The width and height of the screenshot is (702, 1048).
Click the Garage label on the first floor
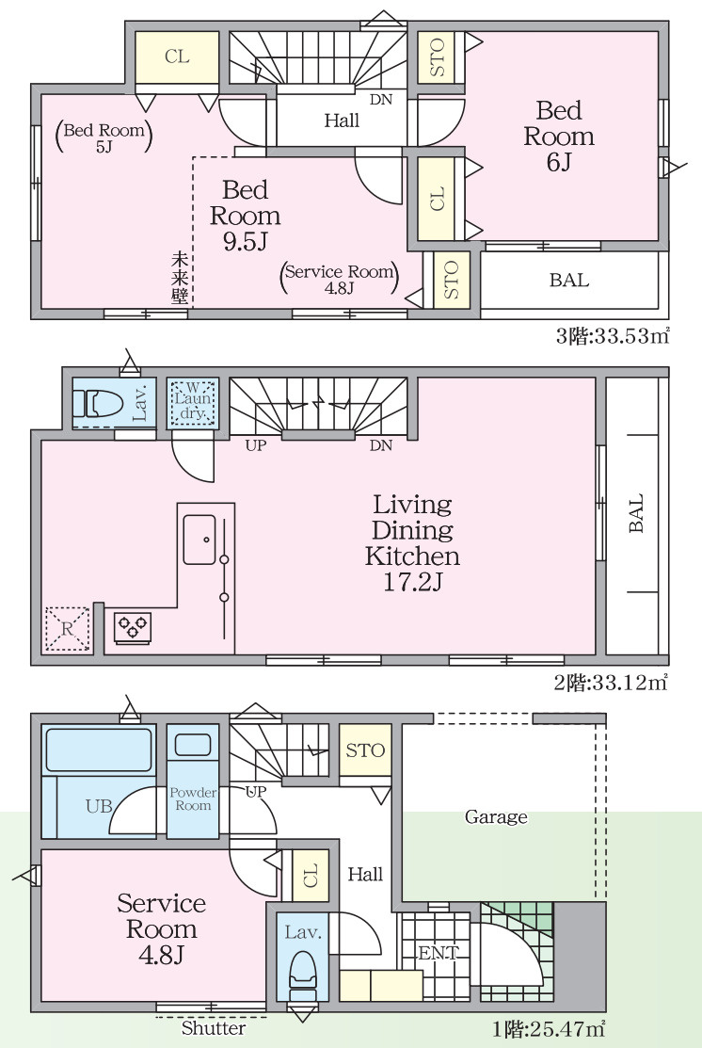point(496,816)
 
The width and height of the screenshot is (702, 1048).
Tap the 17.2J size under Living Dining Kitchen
point(412,582)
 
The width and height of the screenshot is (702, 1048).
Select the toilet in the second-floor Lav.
point(98,404)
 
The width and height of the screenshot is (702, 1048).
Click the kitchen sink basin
point(199,539)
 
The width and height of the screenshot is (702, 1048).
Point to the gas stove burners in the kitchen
point(133,628)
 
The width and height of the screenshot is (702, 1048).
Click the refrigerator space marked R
point(67,629)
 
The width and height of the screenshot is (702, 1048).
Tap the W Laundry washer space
point(192,402)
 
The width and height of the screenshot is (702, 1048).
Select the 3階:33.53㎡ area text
point(613,335)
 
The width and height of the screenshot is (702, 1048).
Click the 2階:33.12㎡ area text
point(611,683)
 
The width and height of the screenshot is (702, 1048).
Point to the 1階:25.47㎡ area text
point(547,1028)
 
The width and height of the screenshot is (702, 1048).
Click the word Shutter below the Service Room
point(213,1028)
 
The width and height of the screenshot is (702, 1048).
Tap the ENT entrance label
point(439,953)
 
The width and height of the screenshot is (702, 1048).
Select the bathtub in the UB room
point(98,750)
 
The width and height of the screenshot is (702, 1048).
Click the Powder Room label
point(193,798)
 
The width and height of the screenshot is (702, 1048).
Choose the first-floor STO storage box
point(365,750)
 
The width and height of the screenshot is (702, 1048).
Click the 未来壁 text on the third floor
point(179,278)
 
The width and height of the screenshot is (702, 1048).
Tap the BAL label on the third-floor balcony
point(569,280)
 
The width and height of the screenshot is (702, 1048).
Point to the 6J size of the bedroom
point(558,162)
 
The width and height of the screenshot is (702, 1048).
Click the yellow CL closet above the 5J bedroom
point(177,57)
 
